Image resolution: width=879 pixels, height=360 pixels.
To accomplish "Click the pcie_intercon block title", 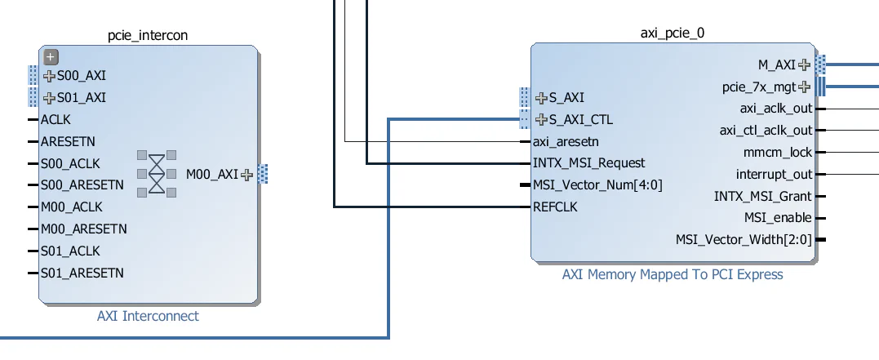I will point(149,35).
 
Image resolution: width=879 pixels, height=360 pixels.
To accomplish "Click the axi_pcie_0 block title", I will point(673,33).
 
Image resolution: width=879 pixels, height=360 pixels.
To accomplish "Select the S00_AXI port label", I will point(81,76).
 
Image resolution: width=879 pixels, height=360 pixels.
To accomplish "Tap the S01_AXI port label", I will point(81,98).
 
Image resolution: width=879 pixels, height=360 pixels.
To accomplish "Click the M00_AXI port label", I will point(212,174).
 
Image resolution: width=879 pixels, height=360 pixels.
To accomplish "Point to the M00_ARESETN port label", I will point(83,229).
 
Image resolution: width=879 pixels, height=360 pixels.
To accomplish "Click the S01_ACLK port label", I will point(71,251).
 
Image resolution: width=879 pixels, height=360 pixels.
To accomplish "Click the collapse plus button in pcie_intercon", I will point(51,57).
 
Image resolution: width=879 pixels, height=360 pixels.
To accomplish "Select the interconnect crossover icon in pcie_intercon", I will point(157,172).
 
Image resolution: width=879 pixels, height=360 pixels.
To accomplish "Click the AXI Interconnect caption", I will point(148,316).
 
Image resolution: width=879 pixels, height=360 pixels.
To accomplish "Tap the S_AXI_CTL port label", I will point(580,120).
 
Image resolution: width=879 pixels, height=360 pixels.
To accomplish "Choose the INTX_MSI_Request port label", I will point(588,163).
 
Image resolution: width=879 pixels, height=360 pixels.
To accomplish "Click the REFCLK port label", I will point(555,207).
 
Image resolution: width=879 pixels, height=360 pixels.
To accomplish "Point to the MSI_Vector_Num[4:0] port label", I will point(597,185).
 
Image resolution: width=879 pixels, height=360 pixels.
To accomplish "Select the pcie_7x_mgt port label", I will point(759,87).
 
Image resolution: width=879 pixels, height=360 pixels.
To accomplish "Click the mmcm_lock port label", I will point(778,153).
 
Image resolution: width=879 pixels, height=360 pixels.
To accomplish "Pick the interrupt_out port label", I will point(774,175).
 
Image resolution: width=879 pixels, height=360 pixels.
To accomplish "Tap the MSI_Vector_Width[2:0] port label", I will point(744,240).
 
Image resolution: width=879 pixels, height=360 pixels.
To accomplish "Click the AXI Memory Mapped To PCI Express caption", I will point(673,274).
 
